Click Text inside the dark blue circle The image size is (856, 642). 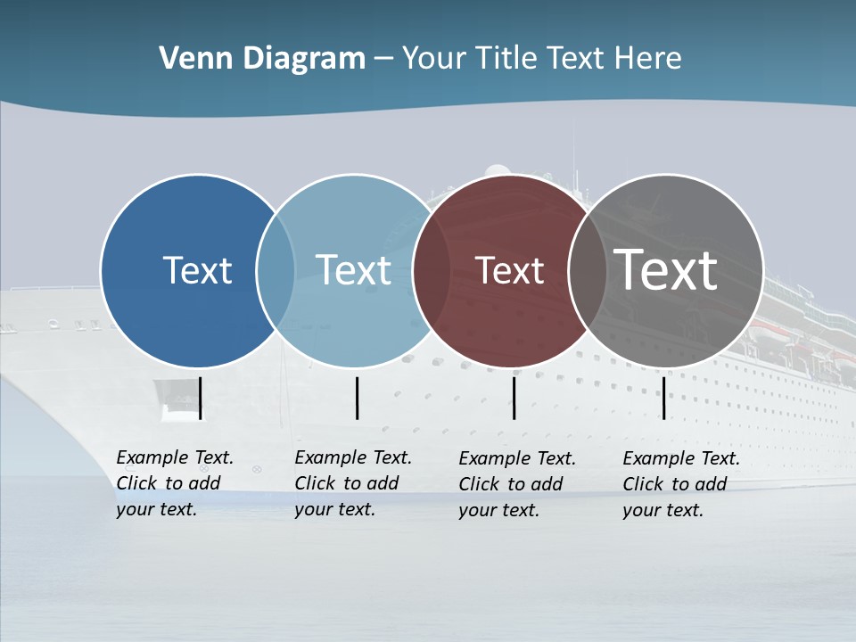click(x=197, y=270)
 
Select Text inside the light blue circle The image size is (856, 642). click(x=353, y=270)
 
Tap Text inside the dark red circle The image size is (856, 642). click(x=509, y=270)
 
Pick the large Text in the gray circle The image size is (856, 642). click(x=666, y=269)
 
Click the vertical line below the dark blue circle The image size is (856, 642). click(x=201, y=398)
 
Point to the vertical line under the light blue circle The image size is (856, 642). click(x=357, y=398)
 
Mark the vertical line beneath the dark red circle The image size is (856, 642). click(x=514, y=398)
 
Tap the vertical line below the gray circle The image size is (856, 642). click(x=663, y=398)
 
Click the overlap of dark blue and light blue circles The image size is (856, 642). click(x=276, y=270)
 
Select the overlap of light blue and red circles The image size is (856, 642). click(x=432, y=270)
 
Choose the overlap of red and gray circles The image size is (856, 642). click(x=583, y=270)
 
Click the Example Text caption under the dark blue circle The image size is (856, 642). click(x=174, y=483)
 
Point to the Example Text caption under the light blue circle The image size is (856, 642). click(x=352, y=483)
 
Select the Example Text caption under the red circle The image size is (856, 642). click(x=516, y=484)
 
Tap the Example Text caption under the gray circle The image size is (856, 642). click(x=680, y=484)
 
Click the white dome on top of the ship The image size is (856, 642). click(x=498, y=170)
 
